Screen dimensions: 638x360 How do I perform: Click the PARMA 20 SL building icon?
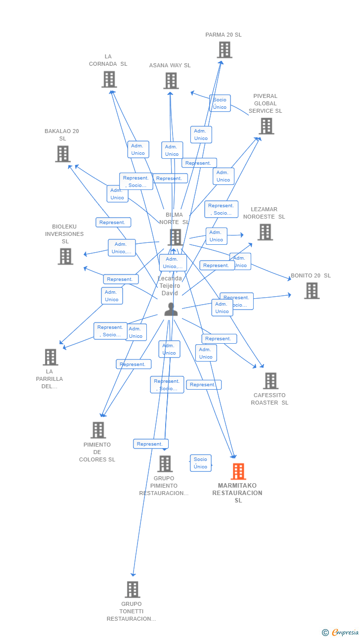pos(225,50)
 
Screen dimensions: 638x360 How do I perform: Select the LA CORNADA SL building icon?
pos(109,79)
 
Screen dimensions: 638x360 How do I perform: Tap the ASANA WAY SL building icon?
pos(171,81)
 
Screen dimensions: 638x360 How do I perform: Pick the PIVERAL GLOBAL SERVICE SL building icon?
pos(267,126)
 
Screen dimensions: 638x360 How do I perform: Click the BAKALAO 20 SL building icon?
pos(63,154)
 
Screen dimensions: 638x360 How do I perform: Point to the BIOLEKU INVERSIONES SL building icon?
pos(65,256)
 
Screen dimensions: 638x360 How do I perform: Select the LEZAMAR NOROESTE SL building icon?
pos(265,232)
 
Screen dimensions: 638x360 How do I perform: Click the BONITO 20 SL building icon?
pos(312,291)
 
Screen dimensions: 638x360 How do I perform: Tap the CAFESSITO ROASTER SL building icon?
pos(270,381)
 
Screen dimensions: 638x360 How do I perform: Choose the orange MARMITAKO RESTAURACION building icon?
pos(238,471)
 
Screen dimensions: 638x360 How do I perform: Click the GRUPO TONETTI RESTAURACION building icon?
pos(133,590)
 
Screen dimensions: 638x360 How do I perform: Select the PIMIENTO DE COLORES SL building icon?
pos(98,430)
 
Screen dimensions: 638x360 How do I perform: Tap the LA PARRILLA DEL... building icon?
pos(50,357)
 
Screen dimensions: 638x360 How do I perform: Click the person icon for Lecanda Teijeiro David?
pos(171,309)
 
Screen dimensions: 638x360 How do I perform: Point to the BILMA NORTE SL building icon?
pos(175,237)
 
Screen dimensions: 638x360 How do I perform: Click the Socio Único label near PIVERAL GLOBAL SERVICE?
pos(220,103)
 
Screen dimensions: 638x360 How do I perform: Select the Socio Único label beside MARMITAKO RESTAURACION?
pos(200,463)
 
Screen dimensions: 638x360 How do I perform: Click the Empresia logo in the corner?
pos(341,632)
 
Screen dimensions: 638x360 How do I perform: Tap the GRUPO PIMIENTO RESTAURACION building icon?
pos(165,464)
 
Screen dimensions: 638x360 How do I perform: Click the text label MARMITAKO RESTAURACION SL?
pos(238,493)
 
